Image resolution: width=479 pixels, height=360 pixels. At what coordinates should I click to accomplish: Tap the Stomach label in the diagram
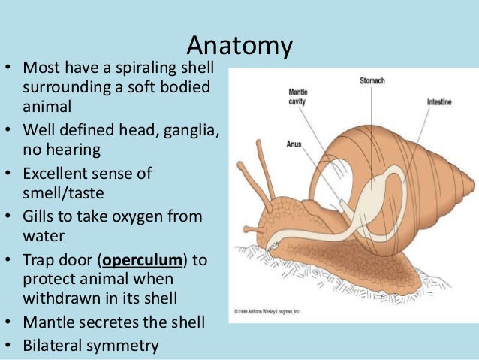point(372,80)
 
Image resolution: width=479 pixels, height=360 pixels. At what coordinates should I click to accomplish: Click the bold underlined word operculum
point(143,260)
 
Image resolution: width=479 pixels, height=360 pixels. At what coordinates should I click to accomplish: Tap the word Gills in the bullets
point(41,216)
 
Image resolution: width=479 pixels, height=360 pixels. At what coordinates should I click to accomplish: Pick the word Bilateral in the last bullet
point(54,346)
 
